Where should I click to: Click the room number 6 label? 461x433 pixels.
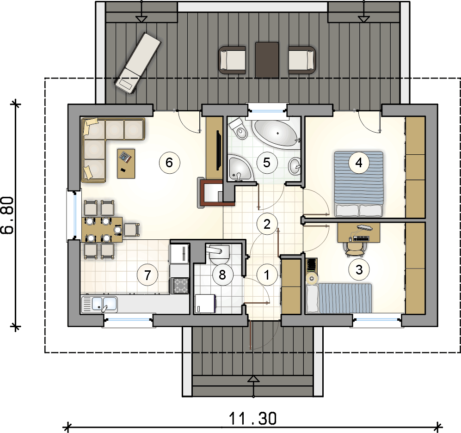point(169,163)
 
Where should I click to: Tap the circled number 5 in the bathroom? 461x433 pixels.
point(267,163)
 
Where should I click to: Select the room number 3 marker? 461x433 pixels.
point(359,270)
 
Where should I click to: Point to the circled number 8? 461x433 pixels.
point(222,274)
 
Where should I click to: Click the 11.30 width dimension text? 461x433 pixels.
point(252,418)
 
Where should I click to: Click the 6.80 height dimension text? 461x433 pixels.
point(8,215)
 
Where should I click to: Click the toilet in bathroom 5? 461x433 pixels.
point(239,129)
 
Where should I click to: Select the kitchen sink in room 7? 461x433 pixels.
point(99,304)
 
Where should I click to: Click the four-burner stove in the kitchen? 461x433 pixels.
point(180,286)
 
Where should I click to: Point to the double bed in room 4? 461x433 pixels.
point(359,184)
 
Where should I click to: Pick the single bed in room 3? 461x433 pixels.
point(338,298)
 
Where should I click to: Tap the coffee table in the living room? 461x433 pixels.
point(126,163)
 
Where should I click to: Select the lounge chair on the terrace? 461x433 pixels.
point(138,63)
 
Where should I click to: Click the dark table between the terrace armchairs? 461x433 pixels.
point(267,60)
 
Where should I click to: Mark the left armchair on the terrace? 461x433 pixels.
point(232,60)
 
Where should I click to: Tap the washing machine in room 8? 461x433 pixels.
point(205,304)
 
